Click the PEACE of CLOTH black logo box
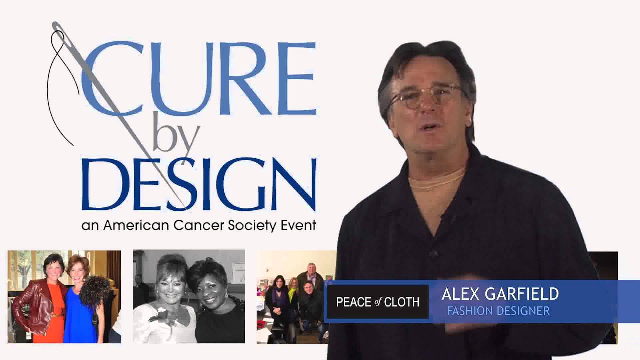(x=377, y=302)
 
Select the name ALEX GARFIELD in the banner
(x=500, y=294)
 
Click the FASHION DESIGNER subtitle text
(x=498, y=311)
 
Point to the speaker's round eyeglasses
(x=425, y=96)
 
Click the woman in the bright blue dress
(x=80, y=310)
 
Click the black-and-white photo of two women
(x=189, y=296)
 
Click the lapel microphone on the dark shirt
(x=444, y=217)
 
